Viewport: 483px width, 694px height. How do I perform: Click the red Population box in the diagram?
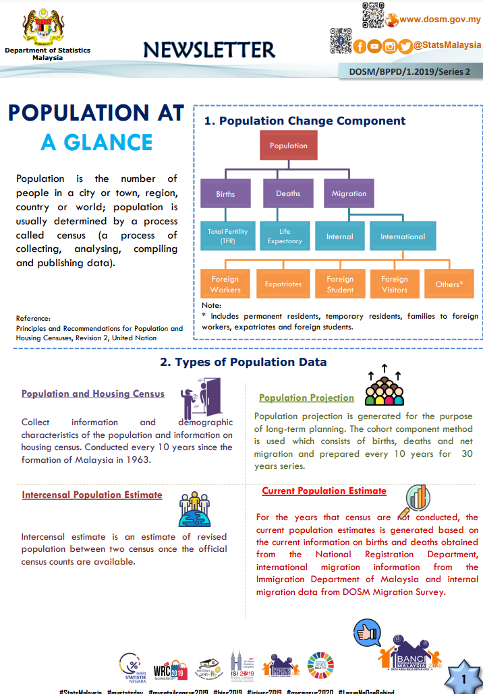pos(288,146)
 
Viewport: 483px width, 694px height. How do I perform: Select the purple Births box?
pos(225,193)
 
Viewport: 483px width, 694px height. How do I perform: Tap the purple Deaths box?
pos(288,193)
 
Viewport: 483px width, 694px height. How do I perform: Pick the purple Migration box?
pos(349,193)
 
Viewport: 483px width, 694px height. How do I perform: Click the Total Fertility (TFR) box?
pos(227,236)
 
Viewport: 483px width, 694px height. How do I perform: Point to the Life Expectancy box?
pos(285,236)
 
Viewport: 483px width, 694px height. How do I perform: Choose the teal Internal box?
pos(339,236)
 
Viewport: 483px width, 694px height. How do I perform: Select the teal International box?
pos(402,236)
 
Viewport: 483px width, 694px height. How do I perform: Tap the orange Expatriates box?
pos(283,284)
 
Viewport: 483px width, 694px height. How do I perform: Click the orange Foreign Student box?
pos(340,284)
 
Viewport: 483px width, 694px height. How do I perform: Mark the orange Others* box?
pos(449,284)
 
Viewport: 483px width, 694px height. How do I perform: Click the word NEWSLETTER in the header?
pos(209,49)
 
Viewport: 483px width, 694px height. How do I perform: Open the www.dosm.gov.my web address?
pos(440,19)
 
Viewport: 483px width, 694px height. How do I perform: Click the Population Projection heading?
pos(306,398)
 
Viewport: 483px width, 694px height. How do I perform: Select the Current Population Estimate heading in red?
pos(324,491)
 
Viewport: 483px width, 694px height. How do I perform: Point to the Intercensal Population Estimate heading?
pos(92,495)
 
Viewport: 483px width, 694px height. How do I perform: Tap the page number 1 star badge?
pos(463,677)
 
